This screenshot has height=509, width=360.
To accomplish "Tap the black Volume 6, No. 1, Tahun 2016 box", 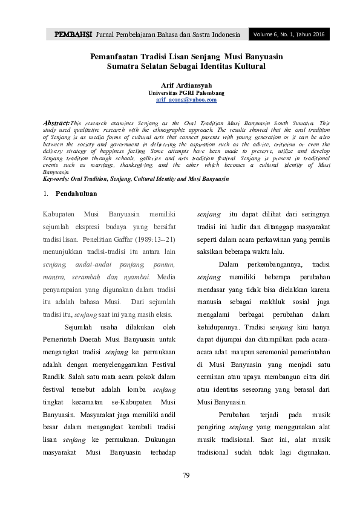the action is [290, 34].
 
